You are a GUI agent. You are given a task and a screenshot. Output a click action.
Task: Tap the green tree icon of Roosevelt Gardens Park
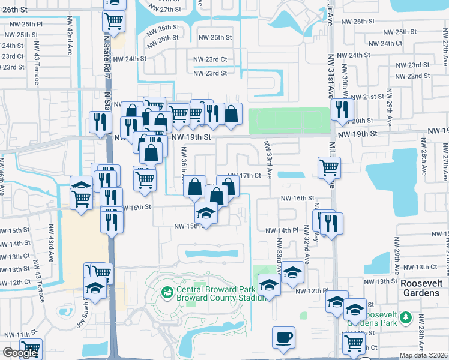click(x=406, y=316)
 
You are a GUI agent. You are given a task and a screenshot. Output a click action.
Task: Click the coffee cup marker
click(x=283, y=337)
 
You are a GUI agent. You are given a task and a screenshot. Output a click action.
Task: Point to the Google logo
click(x=20, y=353)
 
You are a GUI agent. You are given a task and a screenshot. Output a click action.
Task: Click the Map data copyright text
click(x=423, y=355)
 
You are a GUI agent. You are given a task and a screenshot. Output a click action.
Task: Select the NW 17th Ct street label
click(x=247, y=176)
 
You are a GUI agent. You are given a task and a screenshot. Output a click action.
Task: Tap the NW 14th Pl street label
click(x=282, y=230)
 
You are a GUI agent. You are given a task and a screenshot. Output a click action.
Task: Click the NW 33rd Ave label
click(x=269, y=159)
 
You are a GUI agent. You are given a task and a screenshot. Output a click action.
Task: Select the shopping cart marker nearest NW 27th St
click(x=113, y=21)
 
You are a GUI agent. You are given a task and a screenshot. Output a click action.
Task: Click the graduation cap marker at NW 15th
click(x=206, y=212)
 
